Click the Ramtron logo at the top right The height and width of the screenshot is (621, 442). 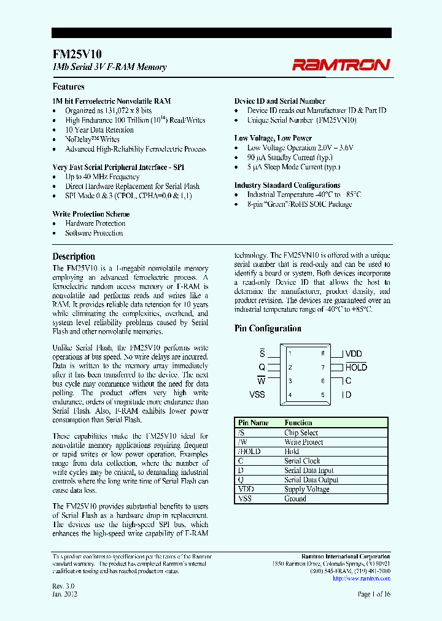click(340, 64)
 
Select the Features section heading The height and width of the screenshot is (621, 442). click(68, 87)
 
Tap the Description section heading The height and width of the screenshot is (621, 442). click(74, 256)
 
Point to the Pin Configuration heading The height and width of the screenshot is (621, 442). click(268, 328)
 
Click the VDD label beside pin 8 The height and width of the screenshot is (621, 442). click(354, 354)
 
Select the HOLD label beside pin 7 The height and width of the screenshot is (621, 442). click(356, 368)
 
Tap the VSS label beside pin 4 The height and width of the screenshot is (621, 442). click(257, 394)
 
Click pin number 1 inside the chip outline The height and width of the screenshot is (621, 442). click(290, 353)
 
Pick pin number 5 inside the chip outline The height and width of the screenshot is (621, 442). click(322, 394)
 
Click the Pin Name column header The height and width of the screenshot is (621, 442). click(253, 423)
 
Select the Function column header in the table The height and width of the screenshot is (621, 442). click(298, 423)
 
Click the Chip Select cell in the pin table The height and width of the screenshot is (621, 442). click(301, 433)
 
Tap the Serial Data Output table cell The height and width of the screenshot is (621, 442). click(311, 480)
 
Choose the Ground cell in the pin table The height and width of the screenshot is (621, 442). click(295, 499)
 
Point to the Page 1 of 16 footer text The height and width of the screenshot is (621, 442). click(374, 594)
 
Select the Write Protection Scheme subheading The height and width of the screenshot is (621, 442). click(91, 214)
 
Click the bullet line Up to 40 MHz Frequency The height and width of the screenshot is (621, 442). click(103, 177)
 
